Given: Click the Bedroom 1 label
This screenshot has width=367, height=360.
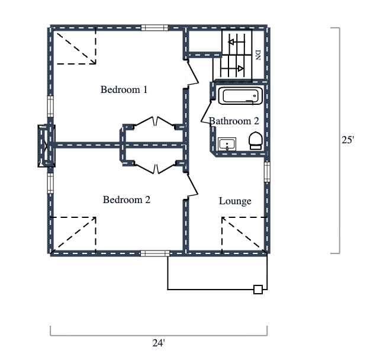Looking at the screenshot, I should [x=124, y=90].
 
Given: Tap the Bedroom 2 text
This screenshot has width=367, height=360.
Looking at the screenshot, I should [x=126, y=200].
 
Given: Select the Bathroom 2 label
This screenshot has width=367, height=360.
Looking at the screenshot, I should [x=234, y=121].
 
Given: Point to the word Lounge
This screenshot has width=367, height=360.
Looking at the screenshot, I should [x=235, y=201].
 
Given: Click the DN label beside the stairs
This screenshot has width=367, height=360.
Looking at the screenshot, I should [x=258, y=55].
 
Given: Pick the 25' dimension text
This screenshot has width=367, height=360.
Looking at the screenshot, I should [x=348, y=140].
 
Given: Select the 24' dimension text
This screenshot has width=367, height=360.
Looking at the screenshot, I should [x=158, y=343].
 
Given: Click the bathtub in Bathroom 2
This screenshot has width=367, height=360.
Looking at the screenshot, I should [x=240, y=96].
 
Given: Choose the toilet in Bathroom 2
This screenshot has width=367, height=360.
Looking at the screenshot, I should [x=255, y=140].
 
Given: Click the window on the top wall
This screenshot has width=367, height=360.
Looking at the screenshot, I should [x=154, y=27].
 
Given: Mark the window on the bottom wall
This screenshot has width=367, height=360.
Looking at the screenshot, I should [x=154, y=253].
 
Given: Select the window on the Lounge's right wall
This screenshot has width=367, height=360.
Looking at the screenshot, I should [x=267, y=171].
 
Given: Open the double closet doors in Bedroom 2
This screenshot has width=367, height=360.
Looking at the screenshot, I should [x=154, y=168].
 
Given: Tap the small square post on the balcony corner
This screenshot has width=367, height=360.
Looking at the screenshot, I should [x=257, y=290].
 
